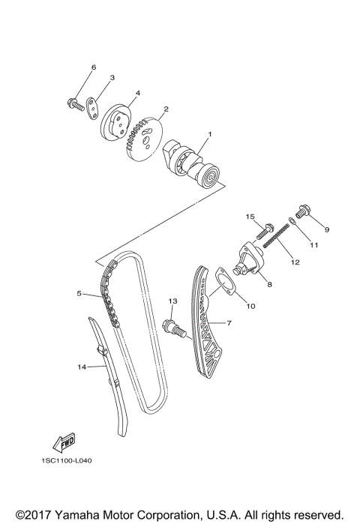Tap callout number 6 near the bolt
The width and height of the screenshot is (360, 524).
[x=94, y=67]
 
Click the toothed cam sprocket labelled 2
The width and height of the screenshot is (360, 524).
[x=144, y=138]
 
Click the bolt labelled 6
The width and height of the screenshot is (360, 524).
[x=75, y=102]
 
